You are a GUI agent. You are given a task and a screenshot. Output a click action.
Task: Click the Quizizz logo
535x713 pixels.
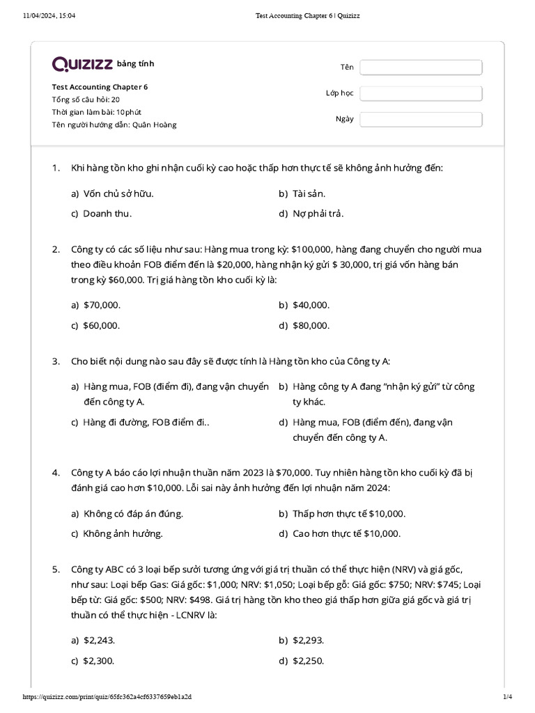pos(82,65)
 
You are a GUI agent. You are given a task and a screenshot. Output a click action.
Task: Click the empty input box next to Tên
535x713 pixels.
pos(421,68)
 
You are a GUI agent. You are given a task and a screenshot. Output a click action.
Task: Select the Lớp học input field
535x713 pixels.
pos(421,93)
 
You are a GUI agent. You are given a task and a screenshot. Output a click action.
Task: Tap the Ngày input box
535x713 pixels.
pos(421,119)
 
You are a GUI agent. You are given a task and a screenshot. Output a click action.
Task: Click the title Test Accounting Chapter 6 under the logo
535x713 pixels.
pos(100,87)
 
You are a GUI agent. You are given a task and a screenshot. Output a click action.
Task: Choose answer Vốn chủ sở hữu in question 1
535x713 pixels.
pos(118,194)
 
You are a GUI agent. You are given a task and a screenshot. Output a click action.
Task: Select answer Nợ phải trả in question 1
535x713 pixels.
pos(318,213)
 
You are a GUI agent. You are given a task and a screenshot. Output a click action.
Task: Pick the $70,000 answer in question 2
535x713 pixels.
pos(102,305)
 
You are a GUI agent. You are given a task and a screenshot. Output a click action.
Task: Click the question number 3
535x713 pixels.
pos(56,361)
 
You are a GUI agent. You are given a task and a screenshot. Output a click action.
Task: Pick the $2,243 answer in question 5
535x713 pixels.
pos(99,641)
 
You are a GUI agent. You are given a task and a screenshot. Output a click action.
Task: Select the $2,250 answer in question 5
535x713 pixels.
pos(309,661)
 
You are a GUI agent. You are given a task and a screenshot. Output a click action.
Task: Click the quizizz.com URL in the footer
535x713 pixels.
pos(98,697)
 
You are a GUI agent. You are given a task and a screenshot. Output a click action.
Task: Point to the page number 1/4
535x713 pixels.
pos(506,697)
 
